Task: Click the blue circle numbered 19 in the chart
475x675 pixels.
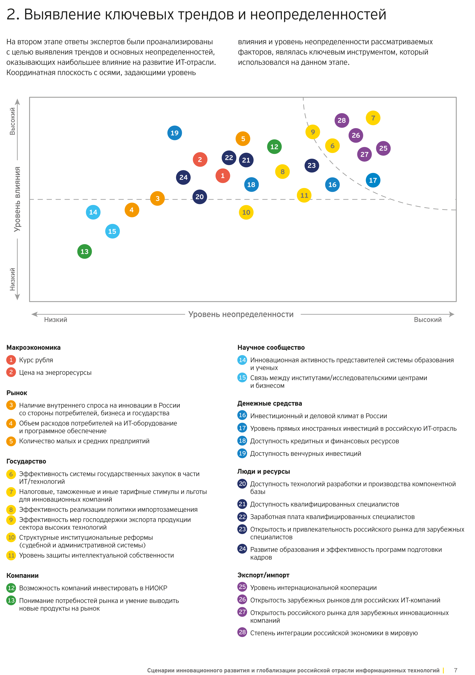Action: (174, 133)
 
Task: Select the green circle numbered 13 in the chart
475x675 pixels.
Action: (84, 252)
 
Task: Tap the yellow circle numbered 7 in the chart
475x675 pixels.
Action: (373, 118)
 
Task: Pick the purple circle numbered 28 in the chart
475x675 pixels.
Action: (341, 120)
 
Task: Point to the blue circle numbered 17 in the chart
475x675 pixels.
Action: (373, 180)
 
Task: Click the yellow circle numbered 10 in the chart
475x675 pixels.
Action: (246, 212)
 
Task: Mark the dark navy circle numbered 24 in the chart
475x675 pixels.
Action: (183, 177)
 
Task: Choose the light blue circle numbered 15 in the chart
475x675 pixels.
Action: (112, 231)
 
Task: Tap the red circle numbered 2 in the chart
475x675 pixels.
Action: (200, 160)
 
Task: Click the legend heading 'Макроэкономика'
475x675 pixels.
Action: (33, 347)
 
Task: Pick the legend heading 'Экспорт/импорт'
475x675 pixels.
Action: (263, 575)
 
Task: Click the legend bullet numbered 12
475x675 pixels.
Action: (11, 588)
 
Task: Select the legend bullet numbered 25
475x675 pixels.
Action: (242, 587)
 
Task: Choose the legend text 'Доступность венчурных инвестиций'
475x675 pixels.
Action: (305, 454)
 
